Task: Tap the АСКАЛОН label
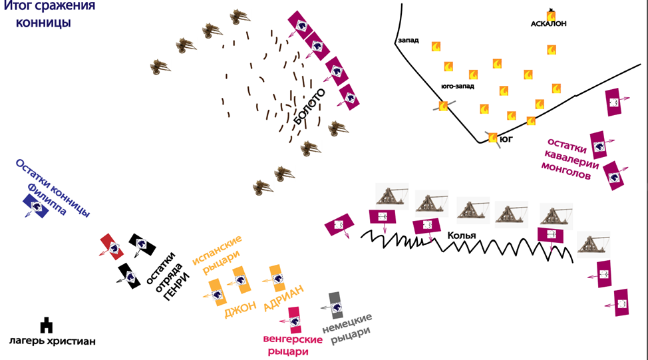(x=549, y=23)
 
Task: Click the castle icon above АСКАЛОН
(x=551, y=13)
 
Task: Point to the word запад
(x=408, y=41)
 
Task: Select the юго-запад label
(x=457, y=86)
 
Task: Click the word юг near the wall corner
(x=507, y=140)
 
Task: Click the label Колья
(x=461, y=235)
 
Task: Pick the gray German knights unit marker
(x=335, y=305)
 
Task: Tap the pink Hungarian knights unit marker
(x=293, y=319)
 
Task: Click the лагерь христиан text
(x=53, y=341)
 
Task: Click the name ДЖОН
(x=240, y=309)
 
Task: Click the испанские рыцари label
(x=218, y=256)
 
